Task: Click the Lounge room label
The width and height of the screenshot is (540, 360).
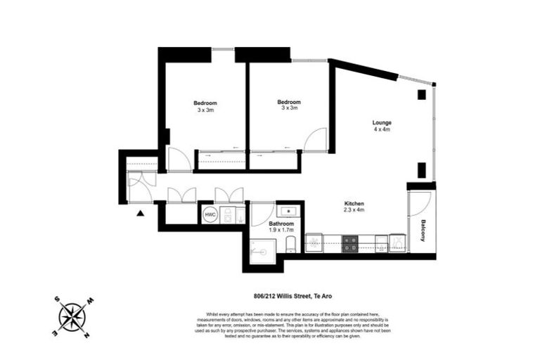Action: (x=382, y=123)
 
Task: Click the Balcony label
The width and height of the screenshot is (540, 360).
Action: (x=423, y=229)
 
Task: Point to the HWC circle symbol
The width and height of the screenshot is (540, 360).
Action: (x=210, y=215)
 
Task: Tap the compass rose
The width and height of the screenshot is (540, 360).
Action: (x=72, y=316)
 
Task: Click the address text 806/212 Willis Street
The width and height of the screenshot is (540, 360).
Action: (x=278, y=295)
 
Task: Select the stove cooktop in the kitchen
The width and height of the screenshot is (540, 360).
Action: (x=350, y=244)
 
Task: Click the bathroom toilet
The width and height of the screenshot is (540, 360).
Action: (x=291, y=245)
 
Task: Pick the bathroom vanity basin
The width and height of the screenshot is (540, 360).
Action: (x=288, y=210)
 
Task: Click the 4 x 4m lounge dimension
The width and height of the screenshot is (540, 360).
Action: (x=382, y=130)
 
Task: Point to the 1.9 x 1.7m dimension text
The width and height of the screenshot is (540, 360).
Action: (x=281, y=230)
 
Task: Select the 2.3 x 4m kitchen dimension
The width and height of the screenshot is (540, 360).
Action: (x=354, y=210)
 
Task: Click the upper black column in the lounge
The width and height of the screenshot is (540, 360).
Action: (x=422, y=94)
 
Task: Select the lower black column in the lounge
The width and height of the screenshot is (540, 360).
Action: (x=422, y=169)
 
